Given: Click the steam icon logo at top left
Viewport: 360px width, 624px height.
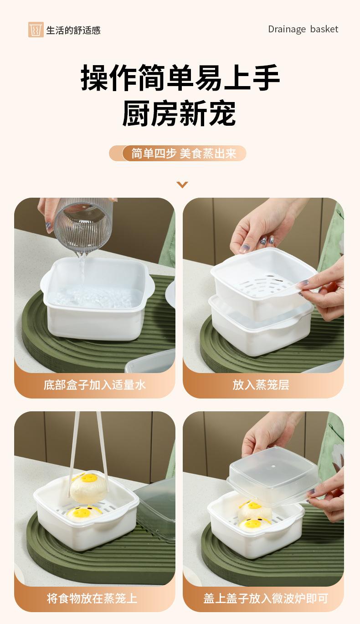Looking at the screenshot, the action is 36,30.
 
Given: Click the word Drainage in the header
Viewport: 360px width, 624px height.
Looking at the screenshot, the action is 287,29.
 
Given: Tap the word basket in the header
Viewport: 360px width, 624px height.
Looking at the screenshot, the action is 324,29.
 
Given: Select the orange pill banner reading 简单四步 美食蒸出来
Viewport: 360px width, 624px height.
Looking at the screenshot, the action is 177,153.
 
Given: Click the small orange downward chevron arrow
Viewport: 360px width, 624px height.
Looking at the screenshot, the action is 182,184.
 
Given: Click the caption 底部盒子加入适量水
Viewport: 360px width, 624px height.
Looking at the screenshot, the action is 95,385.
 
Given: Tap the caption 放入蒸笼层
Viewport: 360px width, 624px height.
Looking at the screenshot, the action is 261,385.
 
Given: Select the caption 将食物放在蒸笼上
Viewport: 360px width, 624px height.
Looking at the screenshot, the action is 92,598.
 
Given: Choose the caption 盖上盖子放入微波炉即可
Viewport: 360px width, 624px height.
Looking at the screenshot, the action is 266,598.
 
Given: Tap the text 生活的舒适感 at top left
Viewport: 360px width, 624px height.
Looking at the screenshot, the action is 73,30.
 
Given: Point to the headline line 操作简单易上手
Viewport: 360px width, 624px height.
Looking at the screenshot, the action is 180,77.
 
